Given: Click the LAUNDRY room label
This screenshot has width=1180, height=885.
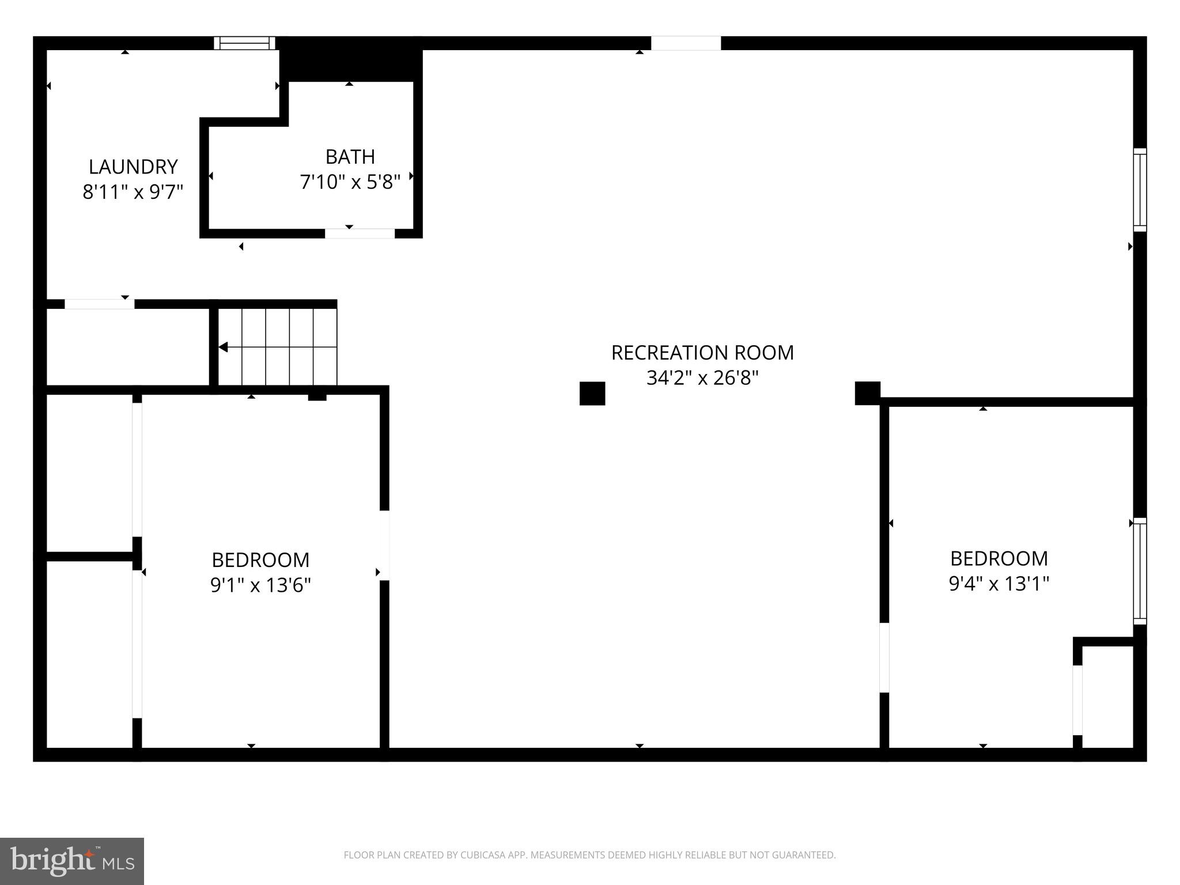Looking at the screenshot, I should pos(133,167).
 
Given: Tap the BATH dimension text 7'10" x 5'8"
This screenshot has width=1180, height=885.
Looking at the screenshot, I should pos(350,182).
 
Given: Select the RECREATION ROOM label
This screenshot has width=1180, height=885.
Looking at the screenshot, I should pos(702,352).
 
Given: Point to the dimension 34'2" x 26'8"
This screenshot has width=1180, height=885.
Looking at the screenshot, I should pos(702,378).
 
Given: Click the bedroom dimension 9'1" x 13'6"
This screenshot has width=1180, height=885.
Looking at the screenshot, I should pos(260,585).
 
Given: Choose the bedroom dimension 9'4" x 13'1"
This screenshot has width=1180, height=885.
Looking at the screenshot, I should pos(999,584).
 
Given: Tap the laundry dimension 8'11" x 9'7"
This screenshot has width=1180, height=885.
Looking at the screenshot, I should pos(133,192).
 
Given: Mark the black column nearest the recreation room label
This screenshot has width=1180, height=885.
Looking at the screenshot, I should pos(592,394).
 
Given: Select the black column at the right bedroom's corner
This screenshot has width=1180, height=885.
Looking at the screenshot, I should pos(867,393).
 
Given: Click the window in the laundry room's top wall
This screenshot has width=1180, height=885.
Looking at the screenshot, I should pos(244,43).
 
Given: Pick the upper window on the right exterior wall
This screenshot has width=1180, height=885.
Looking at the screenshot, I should pos(1139,190).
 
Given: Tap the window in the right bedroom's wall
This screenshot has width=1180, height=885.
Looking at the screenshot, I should pos(1139,570).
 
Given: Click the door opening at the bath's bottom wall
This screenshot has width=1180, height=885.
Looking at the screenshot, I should pos(360,233).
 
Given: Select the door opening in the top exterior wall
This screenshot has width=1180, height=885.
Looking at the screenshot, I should pos(686,43).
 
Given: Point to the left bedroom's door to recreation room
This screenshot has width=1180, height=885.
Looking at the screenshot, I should pos(384,545).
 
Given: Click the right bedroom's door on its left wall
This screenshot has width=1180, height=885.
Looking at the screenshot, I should pos(884,657).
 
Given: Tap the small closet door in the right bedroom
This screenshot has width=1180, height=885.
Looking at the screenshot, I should pos(1077,700).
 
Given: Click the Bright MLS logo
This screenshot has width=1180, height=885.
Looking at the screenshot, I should pos(72,861).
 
